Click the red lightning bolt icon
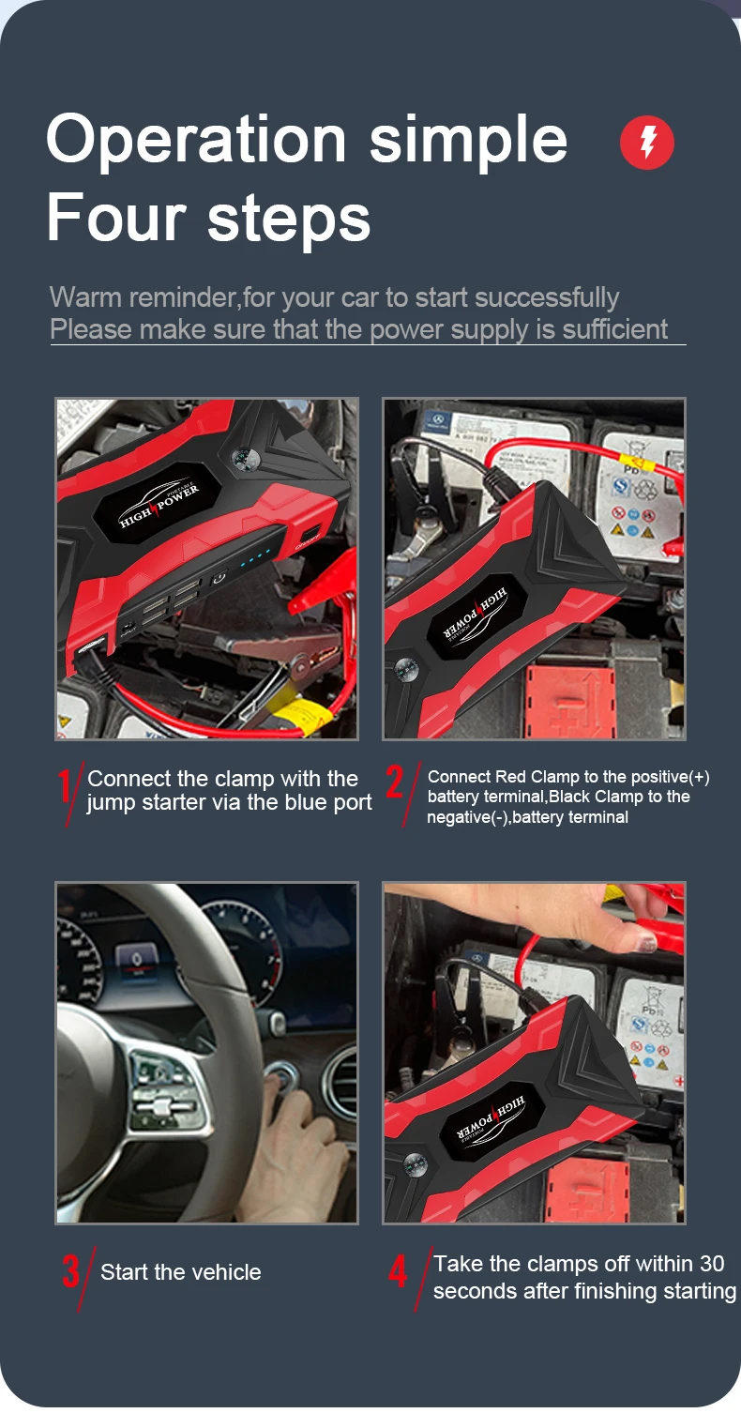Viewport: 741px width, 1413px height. point(647,144)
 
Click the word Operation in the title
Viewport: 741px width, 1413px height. point(196,139)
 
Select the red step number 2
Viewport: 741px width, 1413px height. point(395,784)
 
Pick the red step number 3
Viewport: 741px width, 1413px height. point(71,1272)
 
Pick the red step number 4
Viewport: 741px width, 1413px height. point(399,1272)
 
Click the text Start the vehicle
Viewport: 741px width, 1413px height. point(181,1272)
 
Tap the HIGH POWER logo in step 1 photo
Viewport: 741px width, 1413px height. point(159,507)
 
